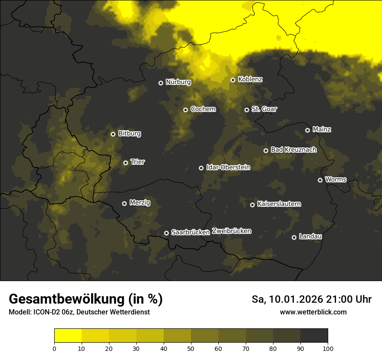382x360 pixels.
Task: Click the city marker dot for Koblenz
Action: click(x=233, y=80)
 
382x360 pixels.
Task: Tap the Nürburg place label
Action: click(x=178, y=82)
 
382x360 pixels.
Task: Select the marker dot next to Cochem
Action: click(x=185, y=110)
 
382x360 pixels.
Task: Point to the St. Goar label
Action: click(x=264, y=109)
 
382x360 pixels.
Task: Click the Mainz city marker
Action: click(x=307, y=130)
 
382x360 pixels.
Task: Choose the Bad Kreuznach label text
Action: click(x=293, y=150)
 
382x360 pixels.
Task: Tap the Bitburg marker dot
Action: click(x=113, y=134)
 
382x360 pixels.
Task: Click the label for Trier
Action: click(x=138, y=162)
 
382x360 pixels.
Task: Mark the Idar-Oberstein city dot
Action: click(x=201, y=168)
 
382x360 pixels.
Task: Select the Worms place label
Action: click(x=336, y=179)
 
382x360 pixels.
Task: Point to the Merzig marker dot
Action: click(x=124, y=203)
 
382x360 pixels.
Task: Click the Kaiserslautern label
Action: click(x=279, y=204)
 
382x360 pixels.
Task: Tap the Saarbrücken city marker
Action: click(x=166, y=233)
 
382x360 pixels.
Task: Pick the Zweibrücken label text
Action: click(x=231, y=231)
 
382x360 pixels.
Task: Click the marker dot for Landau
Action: click(x=294, y=237)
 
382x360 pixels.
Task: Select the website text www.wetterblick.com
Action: click(x=313, y=312)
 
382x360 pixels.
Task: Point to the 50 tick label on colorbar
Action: click(x=191, y=348)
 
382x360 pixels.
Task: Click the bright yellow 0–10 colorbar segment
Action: click(x=68, y=335)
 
